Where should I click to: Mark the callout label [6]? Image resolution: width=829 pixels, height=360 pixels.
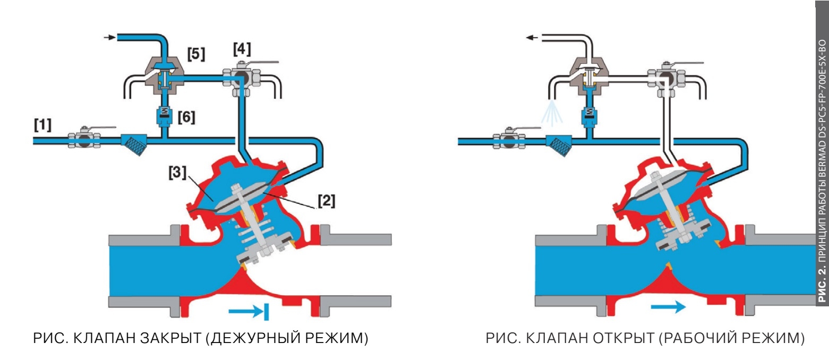click(186, 117)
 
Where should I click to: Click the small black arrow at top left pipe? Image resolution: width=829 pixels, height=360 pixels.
click(109, 38)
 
